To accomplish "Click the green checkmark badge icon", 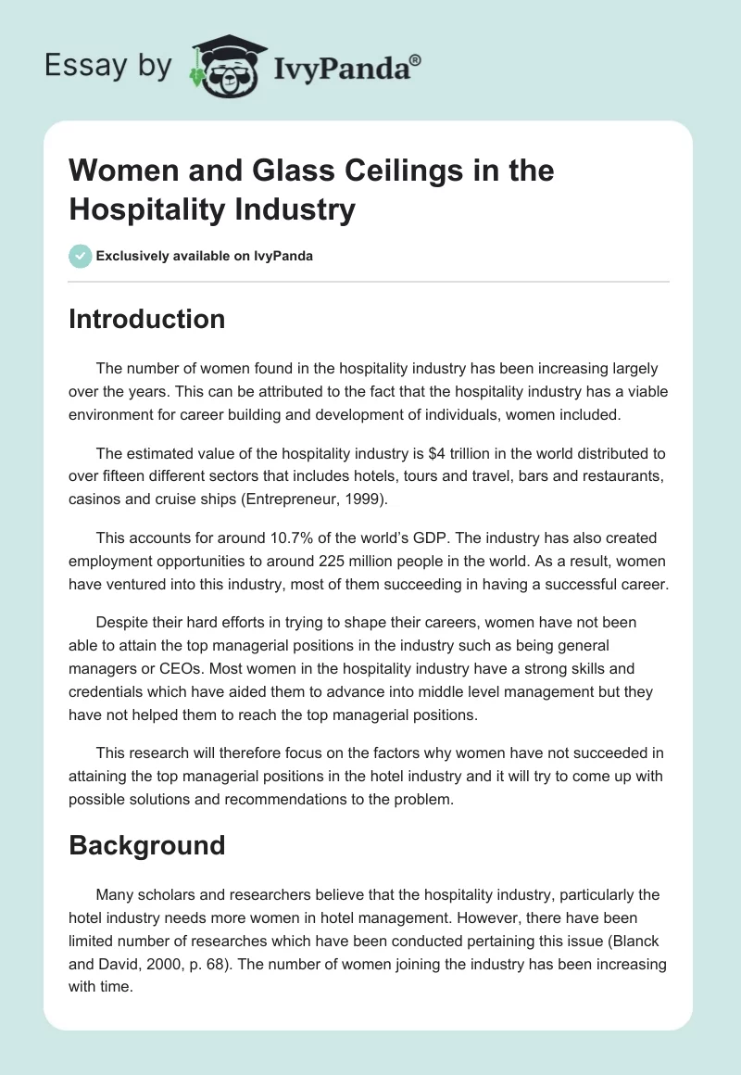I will pos(81,256).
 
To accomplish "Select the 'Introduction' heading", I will pos(147,319).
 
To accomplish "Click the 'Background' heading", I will pos(147,845).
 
